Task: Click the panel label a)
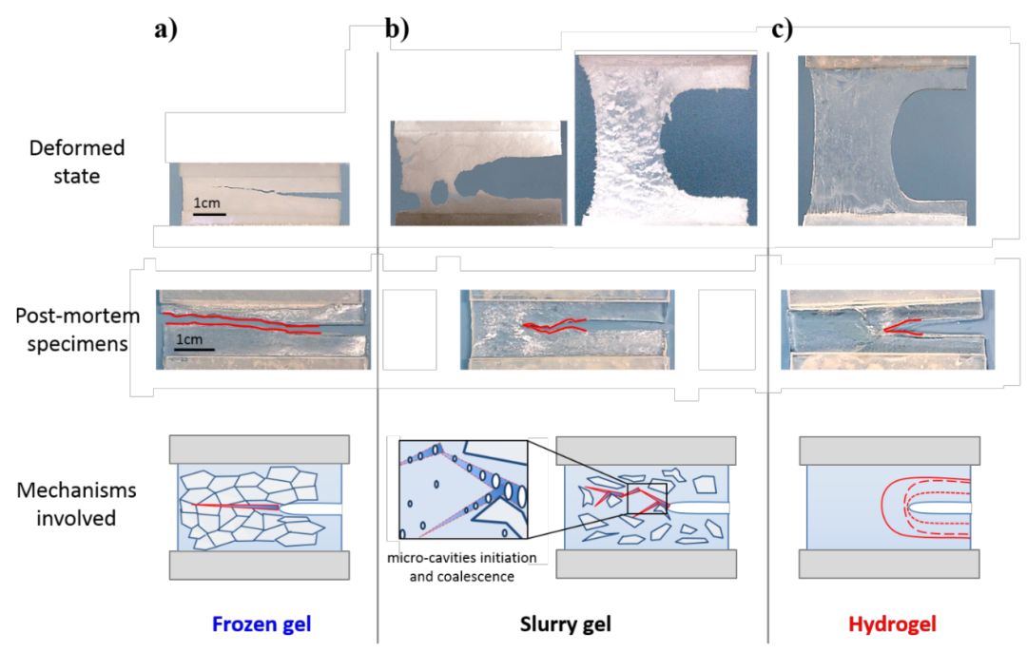pyautogui.click(x=166, y=29)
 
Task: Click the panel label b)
pyautogui.click(x=397, y=29)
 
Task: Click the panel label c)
pyautogui.click(x=782, y=29)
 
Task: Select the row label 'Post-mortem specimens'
pyautogui.click(x=71, y=329)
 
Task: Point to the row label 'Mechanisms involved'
pyautogui.click(x=76, y=505)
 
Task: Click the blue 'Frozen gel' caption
pyautogui.click(x=261, y=624)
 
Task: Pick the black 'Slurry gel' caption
pyautogui.click(x=565, y=624)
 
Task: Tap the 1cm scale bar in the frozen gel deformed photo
pyautogui.click(x=209, y=214)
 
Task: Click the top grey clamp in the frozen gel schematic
pyautogui.click(x=260, y=449)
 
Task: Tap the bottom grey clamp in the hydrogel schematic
pyautogui.click(x=888, y=564)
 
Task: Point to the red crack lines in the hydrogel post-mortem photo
pyautogui.click(x=903, y=328)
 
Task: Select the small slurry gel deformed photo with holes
pyautogui.click(x=478, y=173)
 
